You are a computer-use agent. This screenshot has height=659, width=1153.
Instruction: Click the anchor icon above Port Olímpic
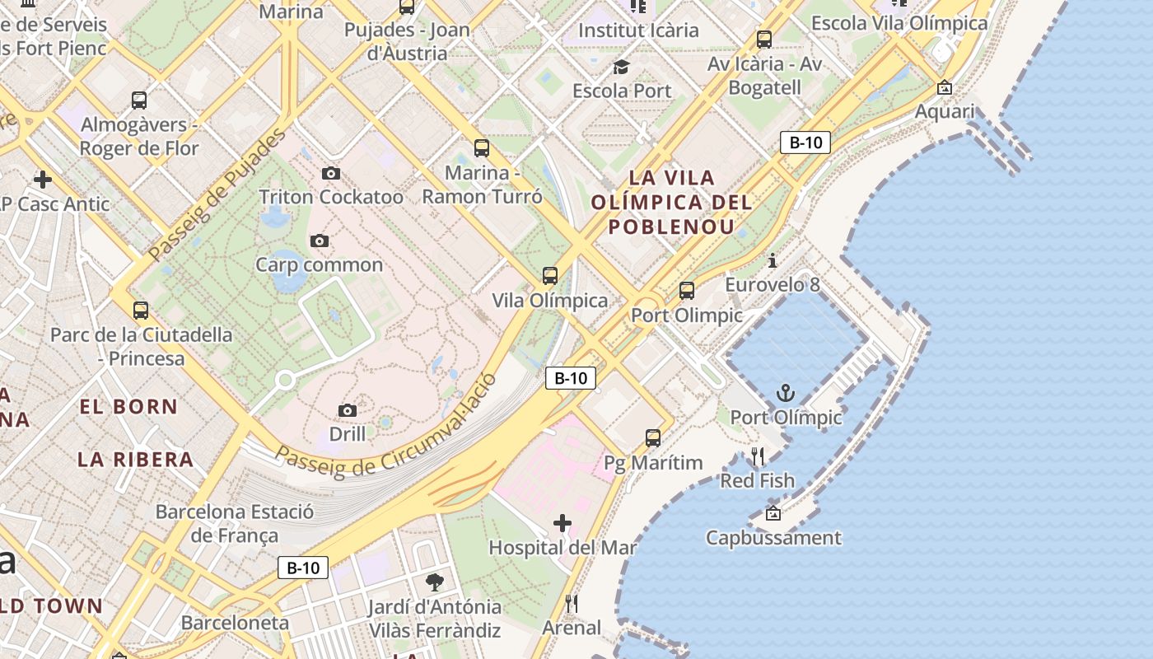point(786,393)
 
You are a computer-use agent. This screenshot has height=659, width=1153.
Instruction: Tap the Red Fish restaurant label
point(757,480)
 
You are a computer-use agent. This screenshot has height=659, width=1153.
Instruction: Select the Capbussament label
point(773,538)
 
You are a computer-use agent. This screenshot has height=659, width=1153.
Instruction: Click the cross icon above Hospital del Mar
point(562,523)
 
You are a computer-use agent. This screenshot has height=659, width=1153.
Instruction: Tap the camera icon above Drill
point(348,410)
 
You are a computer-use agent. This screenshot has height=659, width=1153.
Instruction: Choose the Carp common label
point(319,264)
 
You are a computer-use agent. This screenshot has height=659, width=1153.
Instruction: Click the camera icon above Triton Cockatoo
point(331,173)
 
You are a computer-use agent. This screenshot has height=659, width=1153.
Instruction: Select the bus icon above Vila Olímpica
point(550,276)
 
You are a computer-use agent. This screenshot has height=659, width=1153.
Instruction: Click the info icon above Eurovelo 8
point(773,261)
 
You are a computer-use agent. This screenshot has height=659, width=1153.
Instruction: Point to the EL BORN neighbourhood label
point(128,406)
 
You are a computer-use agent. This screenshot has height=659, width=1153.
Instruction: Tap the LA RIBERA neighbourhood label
point(136,460)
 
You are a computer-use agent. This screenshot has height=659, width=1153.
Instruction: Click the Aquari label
point(945,111)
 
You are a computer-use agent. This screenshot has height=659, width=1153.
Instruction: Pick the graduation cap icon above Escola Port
point(621,67)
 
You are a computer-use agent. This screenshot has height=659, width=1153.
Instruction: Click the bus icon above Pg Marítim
point(653,438)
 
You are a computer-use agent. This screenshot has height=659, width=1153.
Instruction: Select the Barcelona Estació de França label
point(235,524)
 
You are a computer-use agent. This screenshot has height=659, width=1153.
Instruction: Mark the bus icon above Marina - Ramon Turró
point(482,148)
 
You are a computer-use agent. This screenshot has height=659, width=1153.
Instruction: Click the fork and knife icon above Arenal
point(572,604)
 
